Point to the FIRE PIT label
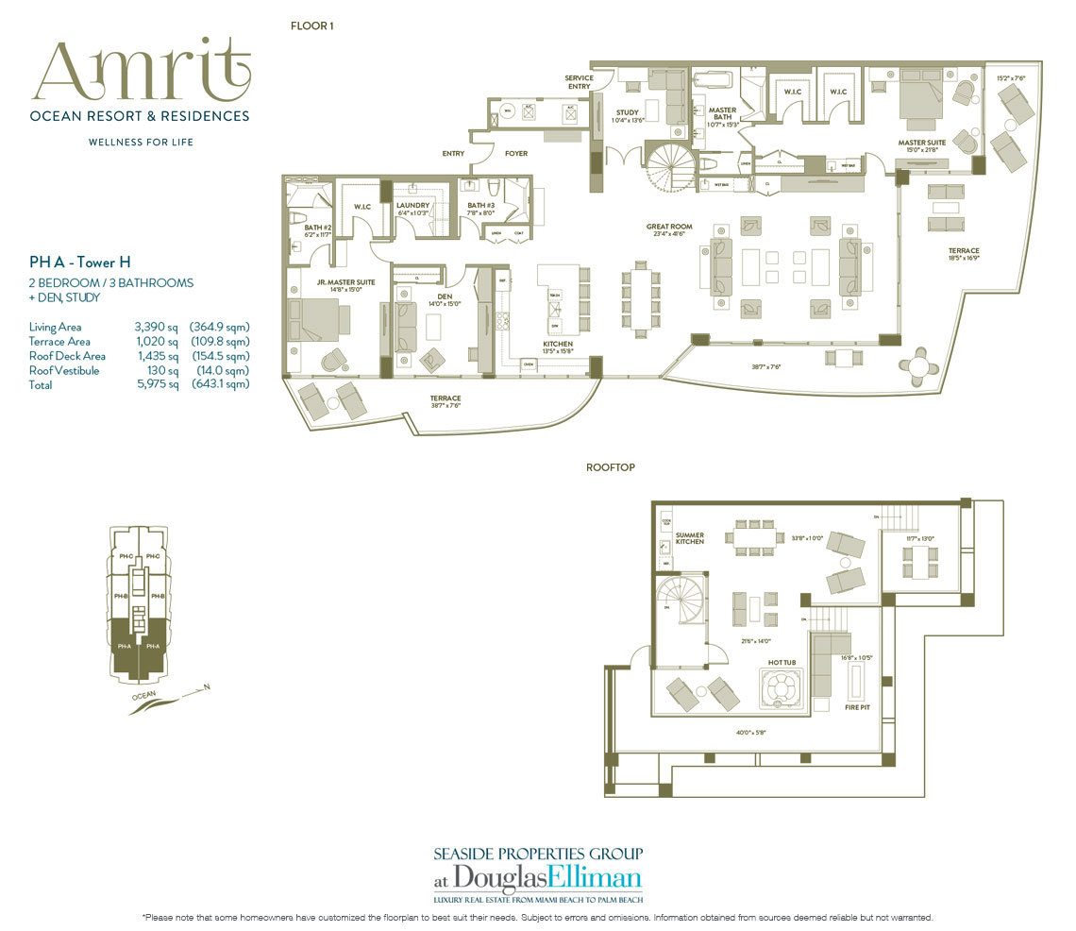click(x=857, y=705)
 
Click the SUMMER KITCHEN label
click(x=689, y=539)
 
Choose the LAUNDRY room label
click(x=413, y=205)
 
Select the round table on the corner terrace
click(x=920, y=364)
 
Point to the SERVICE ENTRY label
click(x=578, y=82)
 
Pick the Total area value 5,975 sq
click(x=158, y=385)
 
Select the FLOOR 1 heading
click(x=311, y=26)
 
